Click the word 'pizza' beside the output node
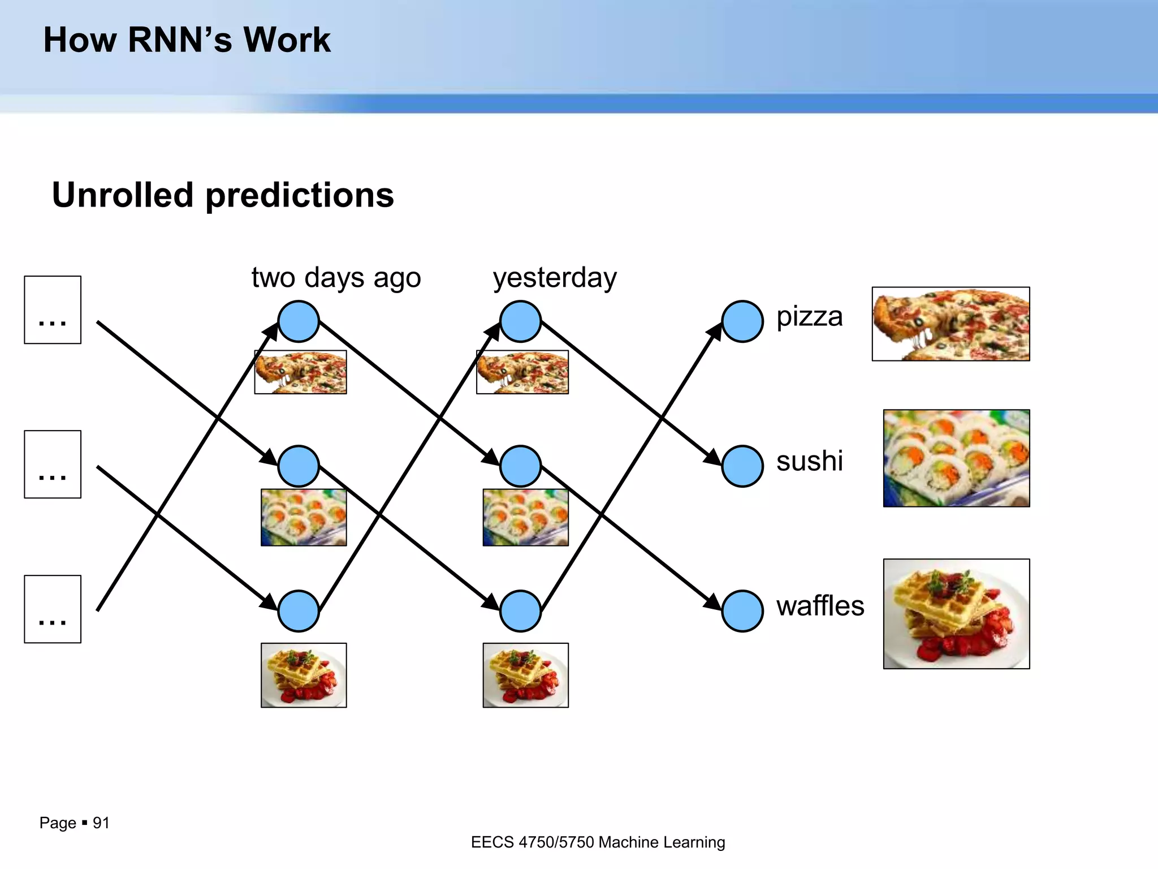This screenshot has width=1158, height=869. pos(809,316)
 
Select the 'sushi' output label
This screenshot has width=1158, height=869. pos(809,461)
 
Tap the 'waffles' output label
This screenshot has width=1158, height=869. pos(820,606)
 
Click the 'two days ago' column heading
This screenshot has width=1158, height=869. pos(336,278)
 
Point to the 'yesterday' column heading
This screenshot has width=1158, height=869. pos(555,278)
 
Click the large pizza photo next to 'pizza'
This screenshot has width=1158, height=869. pos(950,324)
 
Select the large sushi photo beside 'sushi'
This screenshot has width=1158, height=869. pos(956,458)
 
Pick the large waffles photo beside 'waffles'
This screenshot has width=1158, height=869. pos(956,614)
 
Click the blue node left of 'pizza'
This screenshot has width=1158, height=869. pos(742,321)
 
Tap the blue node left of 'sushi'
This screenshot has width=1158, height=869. pos(742,466)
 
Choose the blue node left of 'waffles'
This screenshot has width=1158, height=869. pos(742,611)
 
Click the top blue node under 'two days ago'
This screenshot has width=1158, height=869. pos(299,321)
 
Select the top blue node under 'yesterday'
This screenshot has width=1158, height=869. pos(520,321)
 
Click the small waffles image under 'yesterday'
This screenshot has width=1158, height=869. pos(525,675)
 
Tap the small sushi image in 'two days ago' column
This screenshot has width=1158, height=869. pos(304,518)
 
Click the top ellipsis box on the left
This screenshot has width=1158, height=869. pos(53,310)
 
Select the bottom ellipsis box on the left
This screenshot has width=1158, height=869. pos(53,609)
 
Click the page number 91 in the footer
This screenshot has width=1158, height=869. pos(101,823)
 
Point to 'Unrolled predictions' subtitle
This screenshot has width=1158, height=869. pos(223,195)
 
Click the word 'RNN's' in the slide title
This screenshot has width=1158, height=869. pos(180,40)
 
